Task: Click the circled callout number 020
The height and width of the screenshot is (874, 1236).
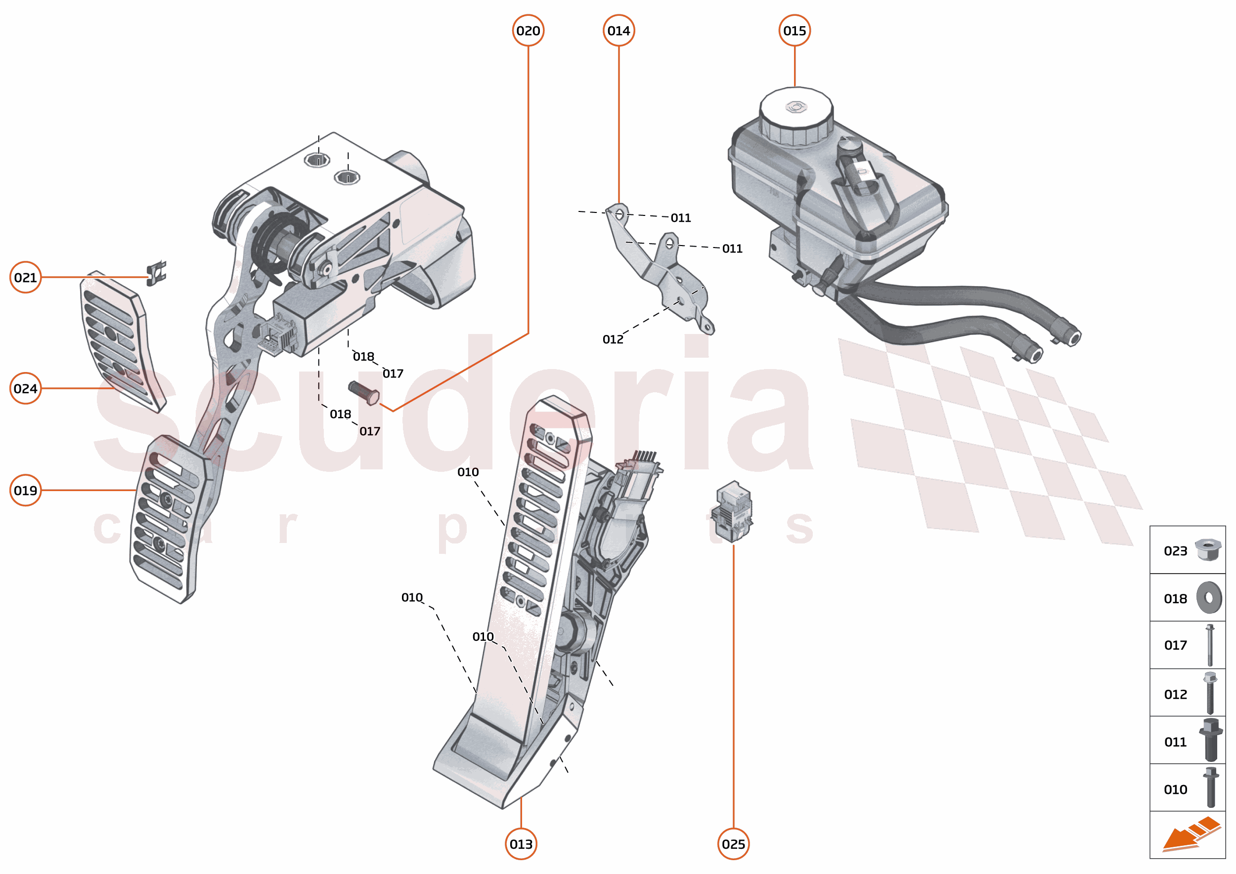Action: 528,31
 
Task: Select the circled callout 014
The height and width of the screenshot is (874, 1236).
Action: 618,31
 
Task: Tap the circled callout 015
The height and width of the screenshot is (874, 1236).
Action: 795,31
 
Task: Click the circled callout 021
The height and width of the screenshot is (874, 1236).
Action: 25,278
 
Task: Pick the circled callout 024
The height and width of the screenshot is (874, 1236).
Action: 25,388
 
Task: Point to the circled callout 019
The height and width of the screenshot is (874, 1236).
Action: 25,490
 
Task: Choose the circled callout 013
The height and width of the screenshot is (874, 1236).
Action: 521,844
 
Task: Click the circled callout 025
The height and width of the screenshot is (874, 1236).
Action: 733,844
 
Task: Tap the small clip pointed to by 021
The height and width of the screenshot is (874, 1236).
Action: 156,273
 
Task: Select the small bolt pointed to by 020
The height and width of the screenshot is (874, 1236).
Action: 364,393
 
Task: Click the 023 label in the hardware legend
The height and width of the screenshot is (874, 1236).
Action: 1175,551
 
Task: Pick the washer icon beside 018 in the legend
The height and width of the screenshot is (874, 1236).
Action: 1209,597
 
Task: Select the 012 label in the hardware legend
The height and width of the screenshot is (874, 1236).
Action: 1175,694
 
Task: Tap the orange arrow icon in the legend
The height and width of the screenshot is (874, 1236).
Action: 1190,834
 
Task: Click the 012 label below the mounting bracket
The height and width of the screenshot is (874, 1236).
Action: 613,339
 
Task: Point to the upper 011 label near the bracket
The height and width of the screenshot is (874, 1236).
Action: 680,218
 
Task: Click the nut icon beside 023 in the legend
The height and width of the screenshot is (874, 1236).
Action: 1207,550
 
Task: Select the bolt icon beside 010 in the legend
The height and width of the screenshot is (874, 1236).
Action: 1210,788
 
